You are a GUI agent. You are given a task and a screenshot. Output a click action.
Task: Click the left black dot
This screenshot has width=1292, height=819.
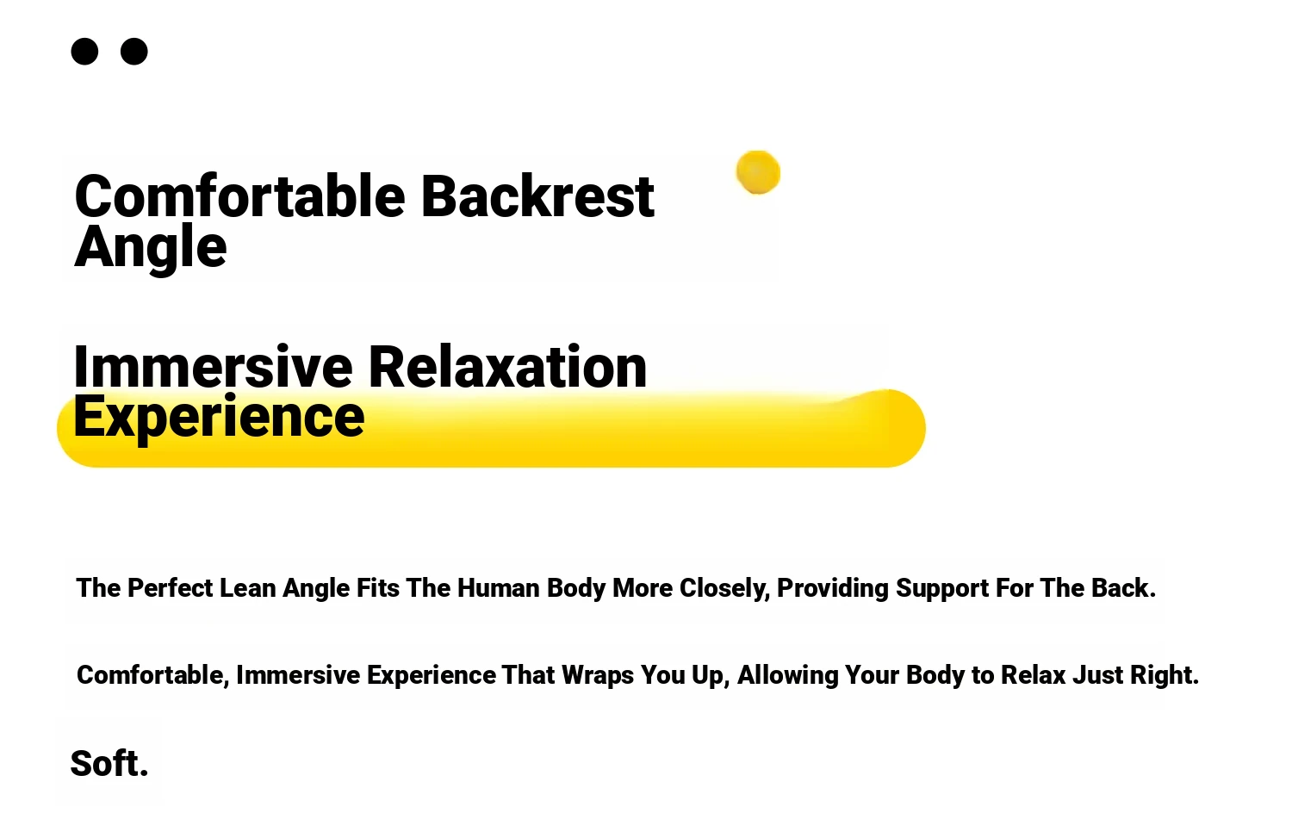84,52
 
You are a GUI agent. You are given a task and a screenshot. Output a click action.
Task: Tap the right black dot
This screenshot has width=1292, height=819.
134,52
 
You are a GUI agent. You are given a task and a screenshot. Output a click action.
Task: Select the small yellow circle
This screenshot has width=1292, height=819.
758,172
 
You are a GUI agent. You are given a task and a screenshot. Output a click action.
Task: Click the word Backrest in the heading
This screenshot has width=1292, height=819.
537,196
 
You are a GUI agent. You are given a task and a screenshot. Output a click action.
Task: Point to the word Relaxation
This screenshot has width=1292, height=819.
507,367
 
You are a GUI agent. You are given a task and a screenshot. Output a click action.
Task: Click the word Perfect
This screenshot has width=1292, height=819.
171,588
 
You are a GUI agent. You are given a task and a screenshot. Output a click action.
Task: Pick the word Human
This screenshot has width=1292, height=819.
499,588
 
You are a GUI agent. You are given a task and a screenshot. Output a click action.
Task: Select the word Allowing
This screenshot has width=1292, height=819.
788,676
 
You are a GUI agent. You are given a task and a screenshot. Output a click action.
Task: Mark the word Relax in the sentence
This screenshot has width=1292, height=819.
1033,675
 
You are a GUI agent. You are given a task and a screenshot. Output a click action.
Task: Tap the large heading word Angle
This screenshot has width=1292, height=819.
151,248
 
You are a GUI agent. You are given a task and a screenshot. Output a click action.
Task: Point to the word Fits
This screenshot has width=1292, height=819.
378,588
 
